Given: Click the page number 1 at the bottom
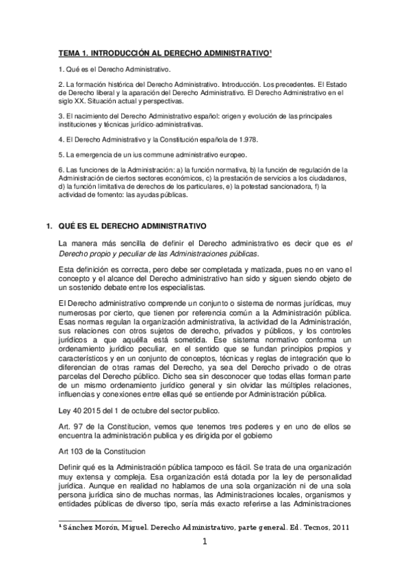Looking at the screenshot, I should [204, 544].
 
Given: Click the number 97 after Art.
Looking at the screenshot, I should [78, 426].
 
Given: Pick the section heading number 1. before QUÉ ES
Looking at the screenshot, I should [48, 226].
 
